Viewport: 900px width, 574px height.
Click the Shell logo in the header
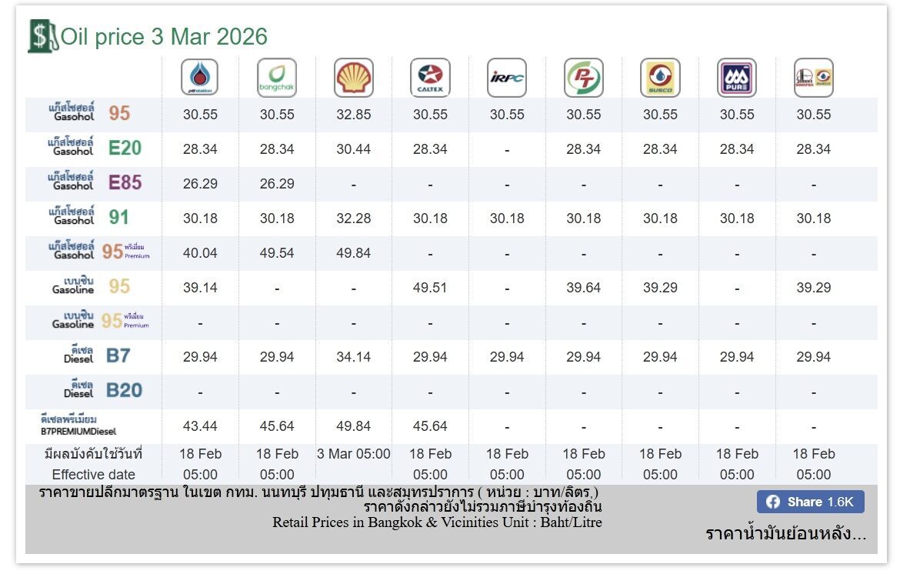tap(354, 78)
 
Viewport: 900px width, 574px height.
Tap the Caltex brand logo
tap(430, 78)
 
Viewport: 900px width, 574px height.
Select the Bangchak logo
tap(277, 78)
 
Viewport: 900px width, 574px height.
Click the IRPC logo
tap(507, 78)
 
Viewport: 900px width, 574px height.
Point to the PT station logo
tap(584, 78)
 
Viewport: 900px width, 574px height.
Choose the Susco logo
tap(660, 78)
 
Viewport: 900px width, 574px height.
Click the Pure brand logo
tap(737, 78)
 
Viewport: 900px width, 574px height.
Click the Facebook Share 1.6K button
tap(810, 502)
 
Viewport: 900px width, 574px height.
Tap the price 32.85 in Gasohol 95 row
tap(354, 115)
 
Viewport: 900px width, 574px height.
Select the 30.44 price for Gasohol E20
tap(354, 149)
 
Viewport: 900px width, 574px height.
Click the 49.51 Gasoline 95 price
tap(430, 288)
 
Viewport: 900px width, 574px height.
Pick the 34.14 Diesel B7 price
tap(354, 357)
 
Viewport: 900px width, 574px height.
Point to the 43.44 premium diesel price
tap(200, 425)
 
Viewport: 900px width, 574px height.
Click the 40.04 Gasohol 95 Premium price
tap(200, 253)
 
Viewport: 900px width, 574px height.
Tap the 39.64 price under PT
tap(584, 288)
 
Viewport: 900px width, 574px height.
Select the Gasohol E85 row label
tap(94, 183)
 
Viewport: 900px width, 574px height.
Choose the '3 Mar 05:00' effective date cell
tap(354, 454)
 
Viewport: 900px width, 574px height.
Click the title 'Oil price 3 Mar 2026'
tap(164, 36)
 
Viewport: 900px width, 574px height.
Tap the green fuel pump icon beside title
tap(42, 36)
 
